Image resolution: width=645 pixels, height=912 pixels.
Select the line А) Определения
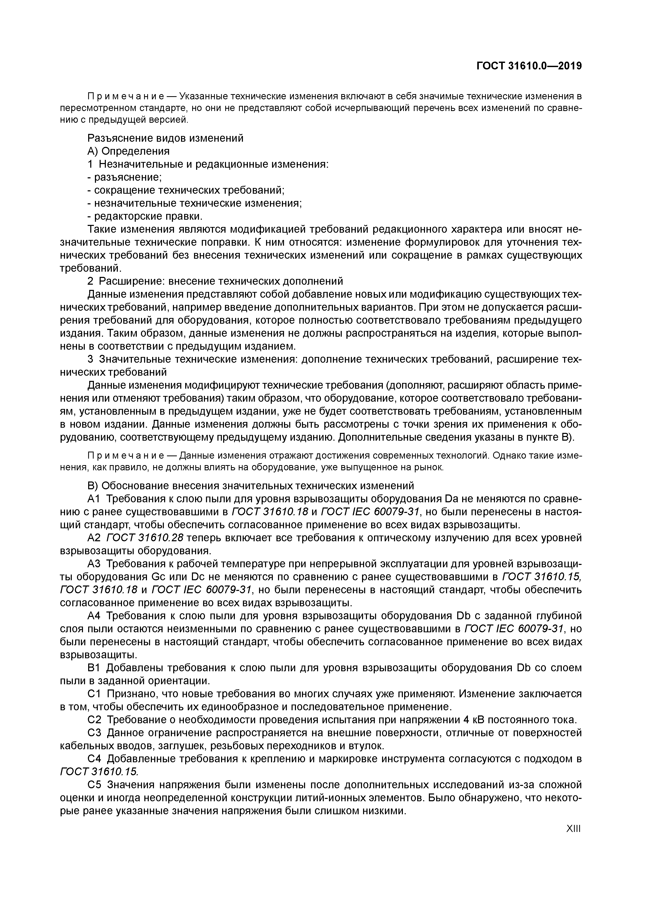(x=128, y=151)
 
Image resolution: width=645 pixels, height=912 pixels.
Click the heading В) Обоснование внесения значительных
(x=250, y=486)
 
